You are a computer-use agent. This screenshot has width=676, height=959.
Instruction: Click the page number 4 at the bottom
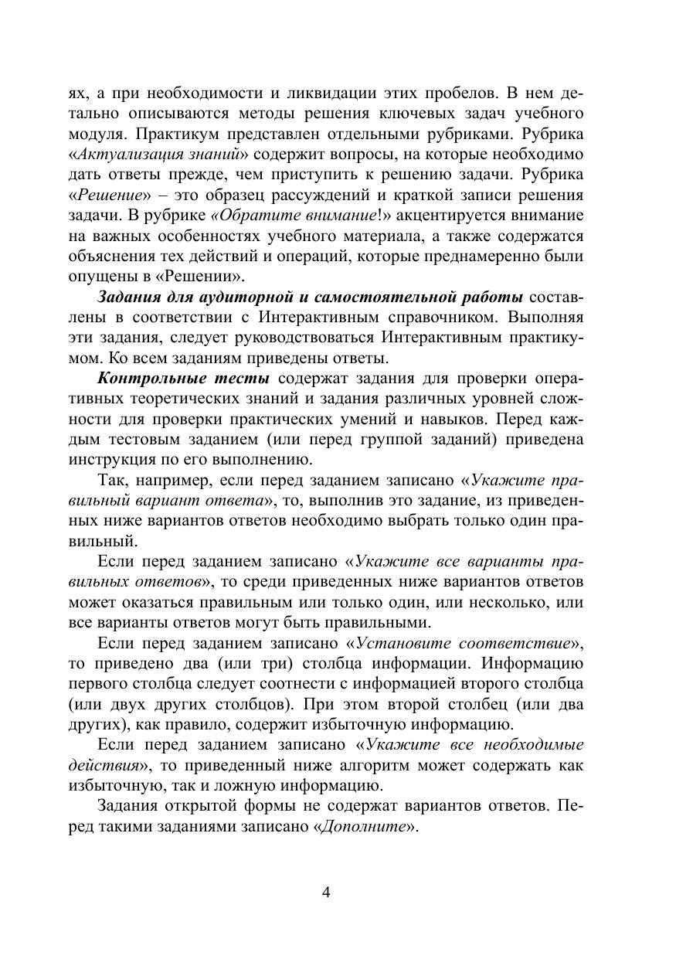pyautogui.click(x=325, y=893)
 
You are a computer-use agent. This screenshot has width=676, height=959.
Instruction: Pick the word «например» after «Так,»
pyautogui.click(x=172, y=480)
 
